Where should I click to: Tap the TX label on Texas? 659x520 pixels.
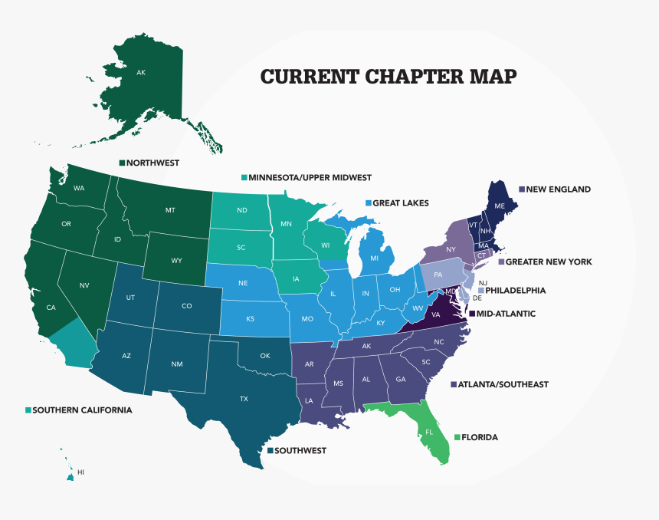[x=244, y=399]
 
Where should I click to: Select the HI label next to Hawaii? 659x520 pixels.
[x=80, y=472]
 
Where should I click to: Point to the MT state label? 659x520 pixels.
[x=170, y=210]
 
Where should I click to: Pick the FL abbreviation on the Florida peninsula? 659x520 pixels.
[x=428, y=432]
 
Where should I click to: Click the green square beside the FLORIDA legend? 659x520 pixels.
[x=457, y=437]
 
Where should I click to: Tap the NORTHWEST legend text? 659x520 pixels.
[x=152, y=163]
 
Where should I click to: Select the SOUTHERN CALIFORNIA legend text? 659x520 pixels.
[x=82, y=410]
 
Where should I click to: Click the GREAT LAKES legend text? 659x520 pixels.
[x=400, y=203]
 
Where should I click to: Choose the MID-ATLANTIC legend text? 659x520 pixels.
[x=506, y=314]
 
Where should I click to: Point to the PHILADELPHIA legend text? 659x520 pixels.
[x=515, y=291]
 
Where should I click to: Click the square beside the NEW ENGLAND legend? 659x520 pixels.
[x=522, y=189]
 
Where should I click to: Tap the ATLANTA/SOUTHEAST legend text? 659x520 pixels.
[x=503, y=384]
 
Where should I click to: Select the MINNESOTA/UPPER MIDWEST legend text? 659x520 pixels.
[x=310, y=177]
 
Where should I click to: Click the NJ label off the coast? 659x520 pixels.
[x=483, y=283]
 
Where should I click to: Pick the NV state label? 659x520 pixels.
[x=85, y=285]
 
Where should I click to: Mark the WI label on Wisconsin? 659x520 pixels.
[x=325, y=245]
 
